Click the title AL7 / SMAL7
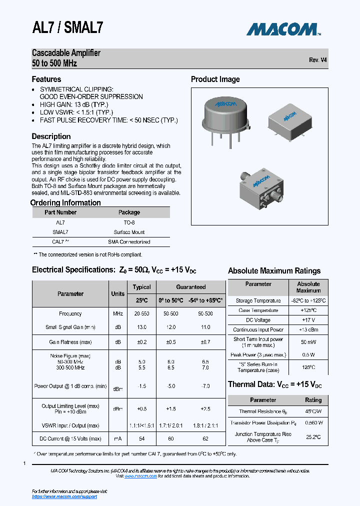[x=67, y=28]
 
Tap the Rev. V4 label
[x=318, y=59]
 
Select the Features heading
[x=46, y=79]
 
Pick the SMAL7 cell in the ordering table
[x=60, y=232]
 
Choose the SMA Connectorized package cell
[x=129, y=241]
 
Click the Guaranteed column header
[x=190, y=287]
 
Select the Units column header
[x=117, y=294]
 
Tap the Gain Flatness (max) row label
[x=70, y=342]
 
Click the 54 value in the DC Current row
[x=141, y=438]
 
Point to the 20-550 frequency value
[x=141, y=313]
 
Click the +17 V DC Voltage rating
[x=308, y=320]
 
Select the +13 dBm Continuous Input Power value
[x=308, y=329]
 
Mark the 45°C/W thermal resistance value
[x=313, y=411]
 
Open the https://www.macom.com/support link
[x=64, y=496]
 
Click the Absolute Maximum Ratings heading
[x=274, y=271]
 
